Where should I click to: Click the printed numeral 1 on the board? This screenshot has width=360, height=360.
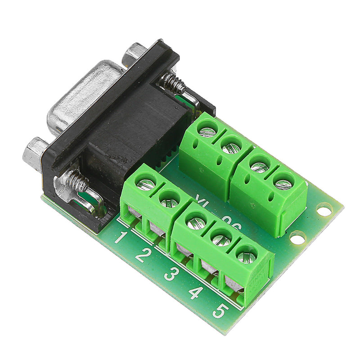click(119, 237)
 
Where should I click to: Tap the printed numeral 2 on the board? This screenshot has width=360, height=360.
click(142, 255)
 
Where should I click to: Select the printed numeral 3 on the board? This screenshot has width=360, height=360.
click(170, 273)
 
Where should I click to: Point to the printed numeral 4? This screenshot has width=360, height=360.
click(195, 292)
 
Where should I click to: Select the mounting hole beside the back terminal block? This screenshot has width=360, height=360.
click(324, 209)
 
